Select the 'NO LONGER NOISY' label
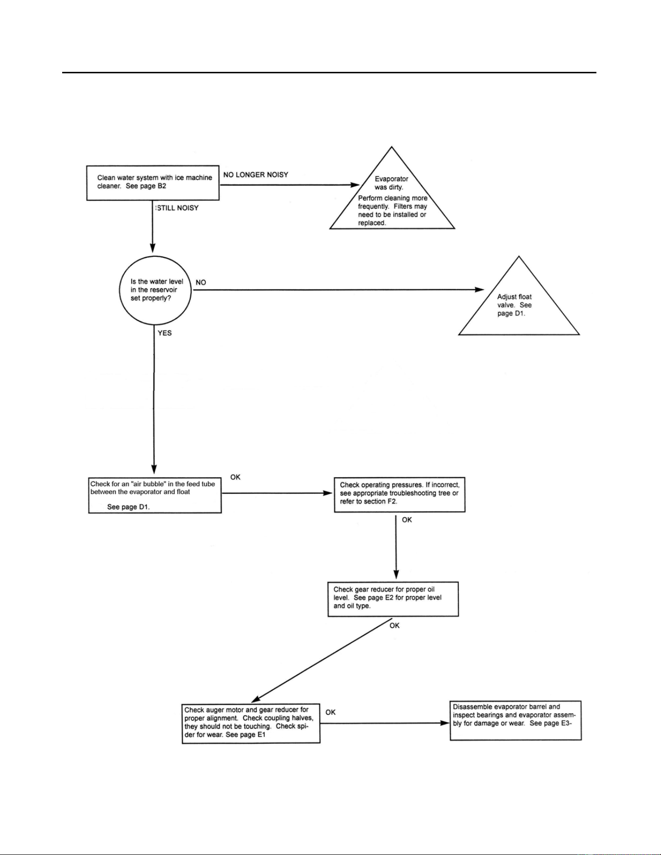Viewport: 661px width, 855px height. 255,175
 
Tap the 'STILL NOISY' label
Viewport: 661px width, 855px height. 177,208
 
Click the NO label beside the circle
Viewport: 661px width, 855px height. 201,282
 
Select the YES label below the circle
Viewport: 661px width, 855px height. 165,333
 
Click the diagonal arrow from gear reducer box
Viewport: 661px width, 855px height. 322,660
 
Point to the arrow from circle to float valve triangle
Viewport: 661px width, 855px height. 339,290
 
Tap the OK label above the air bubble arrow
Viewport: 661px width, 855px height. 236,477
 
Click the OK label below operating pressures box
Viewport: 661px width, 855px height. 407,520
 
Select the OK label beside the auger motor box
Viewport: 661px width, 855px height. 331,712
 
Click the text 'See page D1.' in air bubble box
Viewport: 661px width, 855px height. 129,507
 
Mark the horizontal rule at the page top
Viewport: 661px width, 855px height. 329,73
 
